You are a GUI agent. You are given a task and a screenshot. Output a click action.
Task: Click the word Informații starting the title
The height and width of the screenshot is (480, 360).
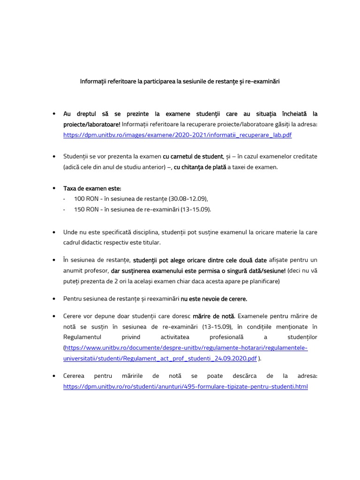click(x=93, y=82)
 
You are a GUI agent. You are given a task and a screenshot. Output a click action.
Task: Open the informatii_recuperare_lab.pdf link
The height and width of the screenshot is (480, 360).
click(x=177, y=135)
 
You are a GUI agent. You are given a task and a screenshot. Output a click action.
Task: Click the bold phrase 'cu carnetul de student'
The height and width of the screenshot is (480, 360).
click(x=193, y=156)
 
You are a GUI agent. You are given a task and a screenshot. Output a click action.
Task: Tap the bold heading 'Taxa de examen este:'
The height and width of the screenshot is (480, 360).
click(x=92, y=188)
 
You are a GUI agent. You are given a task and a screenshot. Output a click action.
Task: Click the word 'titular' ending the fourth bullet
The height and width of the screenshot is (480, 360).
click(x=151, y=242)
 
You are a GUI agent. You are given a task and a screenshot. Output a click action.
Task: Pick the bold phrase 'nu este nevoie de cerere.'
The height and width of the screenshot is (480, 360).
click(x=214, y=298)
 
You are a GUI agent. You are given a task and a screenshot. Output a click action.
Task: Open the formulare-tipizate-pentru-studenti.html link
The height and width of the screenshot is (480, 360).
click(x=186, y=387)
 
